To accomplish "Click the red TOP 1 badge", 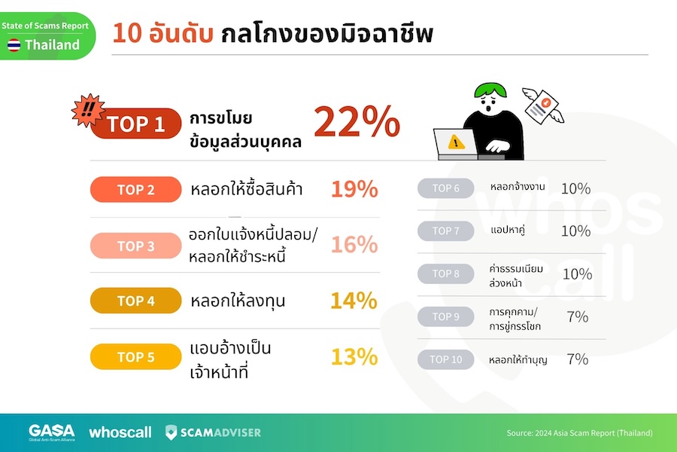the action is (135, 124).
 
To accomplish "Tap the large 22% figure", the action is (357, 121).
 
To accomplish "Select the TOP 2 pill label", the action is (135, 189).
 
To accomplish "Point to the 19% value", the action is (354, 189).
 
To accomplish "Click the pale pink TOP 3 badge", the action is (135, 246).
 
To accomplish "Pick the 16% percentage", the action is (354, 245).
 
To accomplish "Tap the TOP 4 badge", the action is (135, 301).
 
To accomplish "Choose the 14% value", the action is (354, 301).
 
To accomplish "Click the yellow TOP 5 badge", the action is (135, 357).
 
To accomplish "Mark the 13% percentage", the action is (354, 357).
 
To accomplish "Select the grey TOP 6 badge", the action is (445, 188).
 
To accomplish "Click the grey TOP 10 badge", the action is (445, 359).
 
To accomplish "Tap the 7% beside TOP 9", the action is (578, 316).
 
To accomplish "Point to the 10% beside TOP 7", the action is (575, 231).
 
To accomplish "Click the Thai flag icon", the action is (14, 44).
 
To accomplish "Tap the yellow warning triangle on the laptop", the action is (456, 142).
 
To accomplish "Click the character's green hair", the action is (490, 90).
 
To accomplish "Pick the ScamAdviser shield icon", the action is (172, 432).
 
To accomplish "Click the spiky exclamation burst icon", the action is (88, 110).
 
